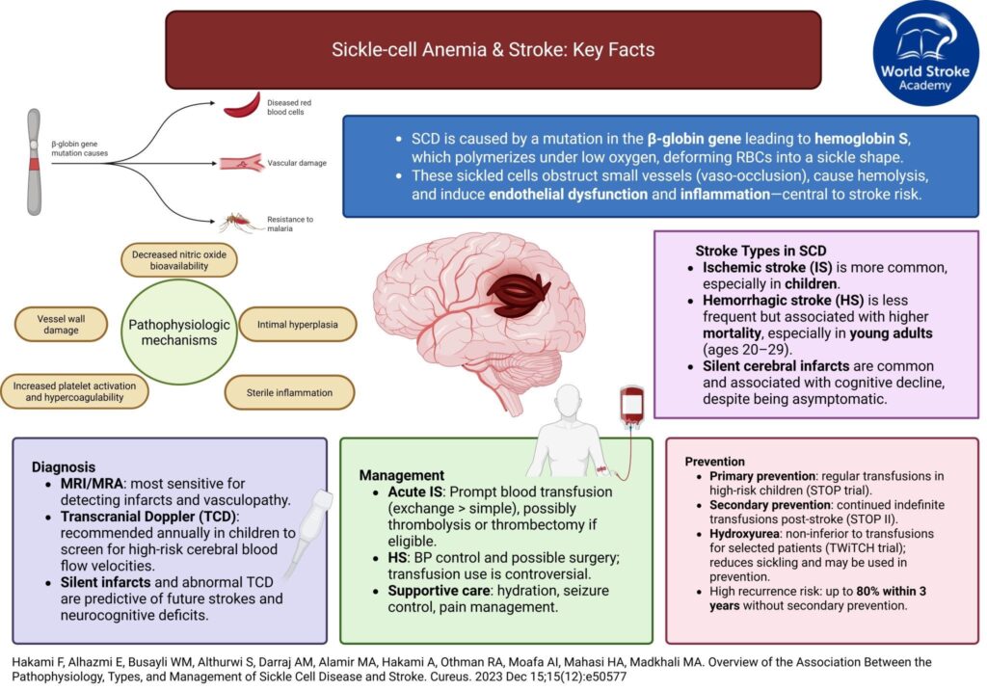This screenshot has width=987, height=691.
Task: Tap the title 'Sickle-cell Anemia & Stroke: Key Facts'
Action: (493, 49)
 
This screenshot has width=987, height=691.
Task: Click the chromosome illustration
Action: (34, 160)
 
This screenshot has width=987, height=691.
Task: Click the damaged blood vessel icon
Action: (243, 163)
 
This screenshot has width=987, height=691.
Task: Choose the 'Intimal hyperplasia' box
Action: (297, 326)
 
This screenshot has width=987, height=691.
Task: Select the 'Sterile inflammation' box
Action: (290, 391)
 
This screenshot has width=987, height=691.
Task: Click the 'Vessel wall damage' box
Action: (59, 325)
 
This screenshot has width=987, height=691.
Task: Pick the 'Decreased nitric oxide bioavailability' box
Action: (179, 260)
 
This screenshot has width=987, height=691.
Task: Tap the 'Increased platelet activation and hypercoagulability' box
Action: (74, 391)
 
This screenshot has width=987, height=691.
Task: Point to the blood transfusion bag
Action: (632, 404)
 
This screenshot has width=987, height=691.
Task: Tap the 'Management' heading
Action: (402, 475)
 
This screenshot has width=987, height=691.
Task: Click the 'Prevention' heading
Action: (714, 462)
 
